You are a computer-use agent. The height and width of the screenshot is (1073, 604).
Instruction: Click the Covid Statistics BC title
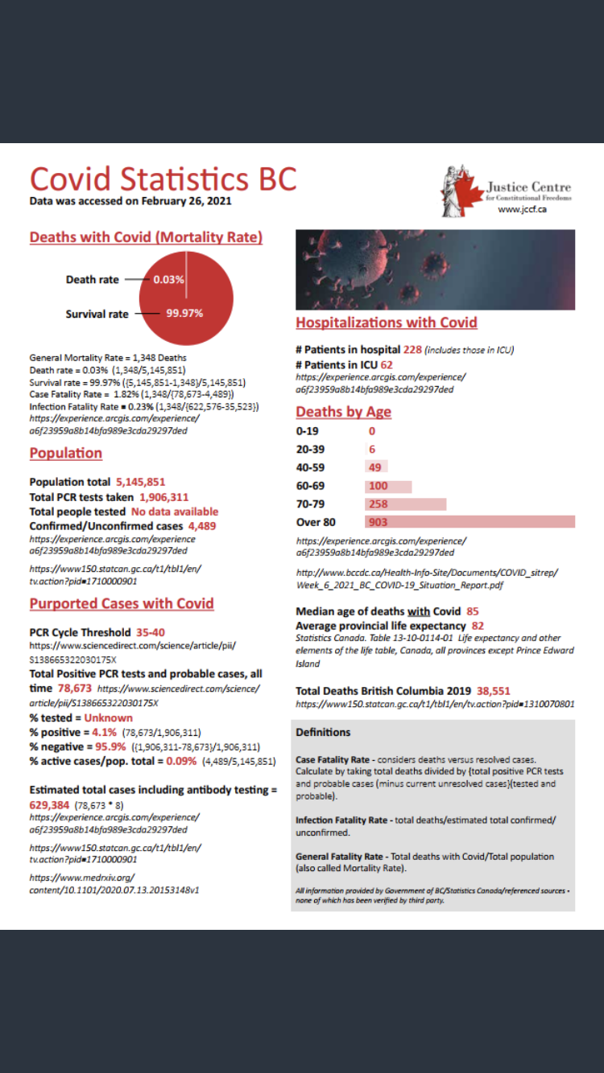(163, 179)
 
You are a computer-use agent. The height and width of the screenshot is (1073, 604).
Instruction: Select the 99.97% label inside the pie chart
(184, 313)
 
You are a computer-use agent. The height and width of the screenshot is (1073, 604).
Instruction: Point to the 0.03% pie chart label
(169, 280)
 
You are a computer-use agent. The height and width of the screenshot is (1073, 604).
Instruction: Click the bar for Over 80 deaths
(470, 522)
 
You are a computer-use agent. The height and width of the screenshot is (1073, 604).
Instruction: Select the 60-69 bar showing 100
(388, 486)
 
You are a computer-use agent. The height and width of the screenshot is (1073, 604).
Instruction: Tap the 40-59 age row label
(312, 467)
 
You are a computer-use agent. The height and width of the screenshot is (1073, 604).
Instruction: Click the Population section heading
(66, 453)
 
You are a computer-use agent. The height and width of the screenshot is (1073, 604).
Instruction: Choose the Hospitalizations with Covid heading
(387, 323)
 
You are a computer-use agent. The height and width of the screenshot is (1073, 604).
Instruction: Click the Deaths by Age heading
(343, 412)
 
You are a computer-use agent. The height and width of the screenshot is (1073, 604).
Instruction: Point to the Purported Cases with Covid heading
(122, 603)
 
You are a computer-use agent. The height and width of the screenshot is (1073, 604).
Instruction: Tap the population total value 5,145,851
(141, 483)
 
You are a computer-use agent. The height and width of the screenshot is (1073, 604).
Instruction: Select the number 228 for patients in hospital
(412, 350)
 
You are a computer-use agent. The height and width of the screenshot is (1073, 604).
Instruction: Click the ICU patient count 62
(387, 364)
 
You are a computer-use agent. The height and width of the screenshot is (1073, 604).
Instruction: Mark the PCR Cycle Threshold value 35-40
(151, 632)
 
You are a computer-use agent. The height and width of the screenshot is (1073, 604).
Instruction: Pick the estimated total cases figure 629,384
(49, 804)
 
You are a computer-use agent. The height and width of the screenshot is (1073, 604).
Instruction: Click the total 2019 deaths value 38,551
(494, 691)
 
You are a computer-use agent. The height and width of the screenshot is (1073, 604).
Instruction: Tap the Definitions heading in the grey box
(323, 733)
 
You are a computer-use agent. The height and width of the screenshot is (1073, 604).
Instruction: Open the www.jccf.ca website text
(522, 209)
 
